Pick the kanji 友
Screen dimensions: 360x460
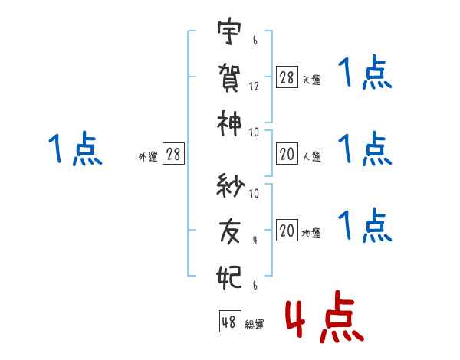(230, 230)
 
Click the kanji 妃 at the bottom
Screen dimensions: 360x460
(230, 273)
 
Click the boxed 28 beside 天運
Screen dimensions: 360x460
(287, 77)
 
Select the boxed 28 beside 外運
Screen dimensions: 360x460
(173, 155)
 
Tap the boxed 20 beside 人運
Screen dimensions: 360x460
(287, 155)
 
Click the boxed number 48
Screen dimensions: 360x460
(229, 322)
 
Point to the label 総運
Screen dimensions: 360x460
(255, 325)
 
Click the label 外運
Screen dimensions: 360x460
(148, 157)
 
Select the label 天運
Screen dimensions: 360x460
(311, 80)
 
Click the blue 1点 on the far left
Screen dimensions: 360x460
(75, 149)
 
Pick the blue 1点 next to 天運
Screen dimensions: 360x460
(365, 75)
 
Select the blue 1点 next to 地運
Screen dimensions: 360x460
(365, 226)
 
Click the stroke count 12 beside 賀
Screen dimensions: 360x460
(254, 87)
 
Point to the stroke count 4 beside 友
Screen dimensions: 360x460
(255, 239)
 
